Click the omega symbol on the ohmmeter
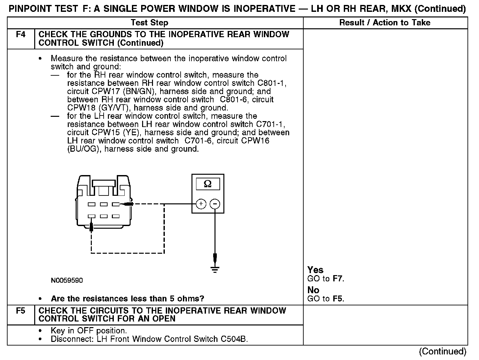(208, 184)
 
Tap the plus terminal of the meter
(201, 204)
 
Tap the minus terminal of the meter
(215, 204)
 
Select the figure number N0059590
(67, 281)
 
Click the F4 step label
(20, 35)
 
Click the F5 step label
(20, 311)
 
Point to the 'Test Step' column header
(149, 23)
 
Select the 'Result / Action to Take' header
(385, 23)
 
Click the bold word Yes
(315, 270)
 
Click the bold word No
(313, 290)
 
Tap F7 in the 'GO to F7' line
(338, 279)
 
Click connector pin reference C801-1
(272, 83)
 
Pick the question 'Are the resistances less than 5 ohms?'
(127, 299)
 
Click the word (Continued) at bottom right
(442, 351)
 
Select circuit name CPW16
(255, 141)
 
